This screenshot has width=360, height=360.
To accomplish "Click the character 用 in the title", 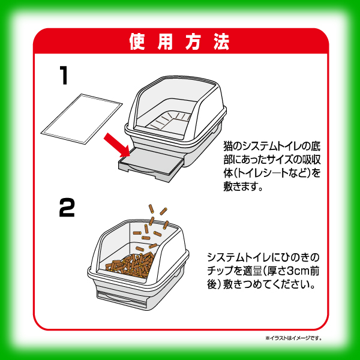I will click(166, 42).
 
